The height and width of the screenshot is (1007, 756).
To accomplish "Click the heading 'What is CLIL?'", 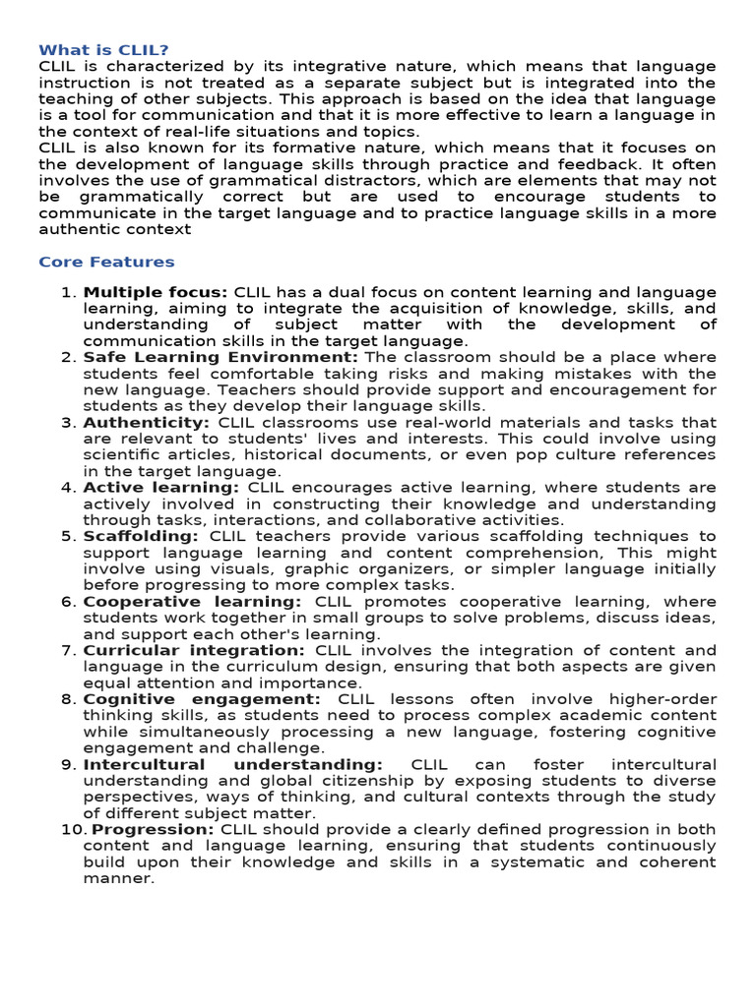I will pyautogui.click(x=103, y=50).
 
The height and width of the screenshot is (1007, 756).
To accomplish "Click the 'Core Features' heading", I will pyautogui.click(x=106, y=263).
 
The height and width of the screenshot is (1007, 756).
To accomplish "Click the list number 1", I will pyautogui.click(x=68, y=293).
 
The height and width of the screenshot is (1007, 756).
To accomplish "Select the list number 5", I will pyautogui.click(x=68, y=537).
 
